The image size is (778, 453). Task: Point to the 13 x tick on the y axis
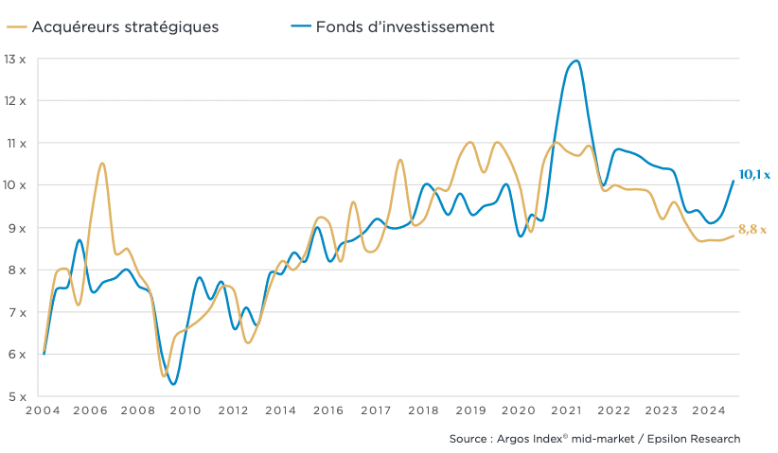15,59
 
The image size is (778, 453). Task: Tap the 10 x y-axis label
15,185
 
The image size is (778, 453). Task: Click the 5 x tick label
17,397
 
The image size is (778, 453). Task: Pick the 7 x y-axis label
17,312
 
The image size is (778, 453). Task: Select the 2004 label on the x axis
44,411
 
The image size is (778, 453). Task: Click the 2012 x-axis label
233,411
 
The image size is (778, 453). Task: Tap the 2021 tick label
566,411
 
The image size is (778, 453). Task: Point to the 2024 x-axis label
709,411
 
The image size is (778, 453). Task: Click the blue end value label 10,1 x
754,175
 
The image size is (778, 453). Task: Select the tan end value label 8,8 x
751,230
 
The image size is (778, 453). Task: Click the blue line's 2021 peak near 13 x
576,61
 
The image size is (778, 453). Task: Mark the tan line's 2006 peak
102,164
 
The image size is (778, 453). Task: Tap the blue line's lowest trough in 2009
173,383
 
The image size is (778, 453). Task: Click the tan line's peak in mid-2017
400,160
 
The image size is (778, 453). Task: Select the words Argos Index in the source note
532,439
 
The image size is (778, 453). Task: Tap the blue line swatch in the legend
300,26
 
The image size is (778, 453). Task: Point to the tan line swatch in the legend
16,26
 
